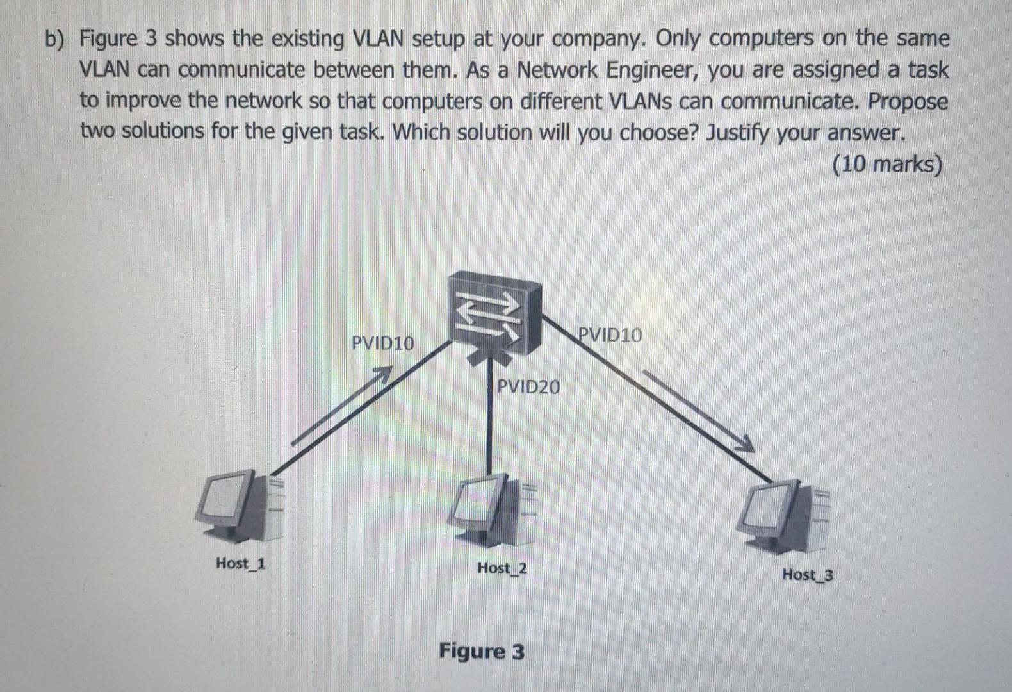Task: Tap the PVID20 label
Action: coord(528,387)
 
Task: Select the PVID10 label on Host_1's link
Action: coord(383,343)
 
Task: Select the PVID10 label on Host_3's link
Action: coord(610,335)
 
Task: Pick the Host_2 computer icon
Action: coord(495,509)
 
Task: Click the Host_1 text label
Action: coord(241,564)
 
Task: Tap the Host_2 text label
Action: coord(502,568)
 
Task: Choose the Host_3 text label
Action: coord(807,575)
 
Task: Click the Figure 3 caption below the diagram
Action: coord(482,652)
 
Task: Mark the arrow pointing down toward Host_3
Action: coord(696,410)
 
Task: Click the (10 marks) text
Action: coord(888,165)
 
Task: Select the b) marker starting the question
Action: coord(56,40)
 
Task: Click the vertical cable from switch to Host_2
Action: coord(489,423)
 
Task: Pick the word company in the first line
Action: coord(595,40)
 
